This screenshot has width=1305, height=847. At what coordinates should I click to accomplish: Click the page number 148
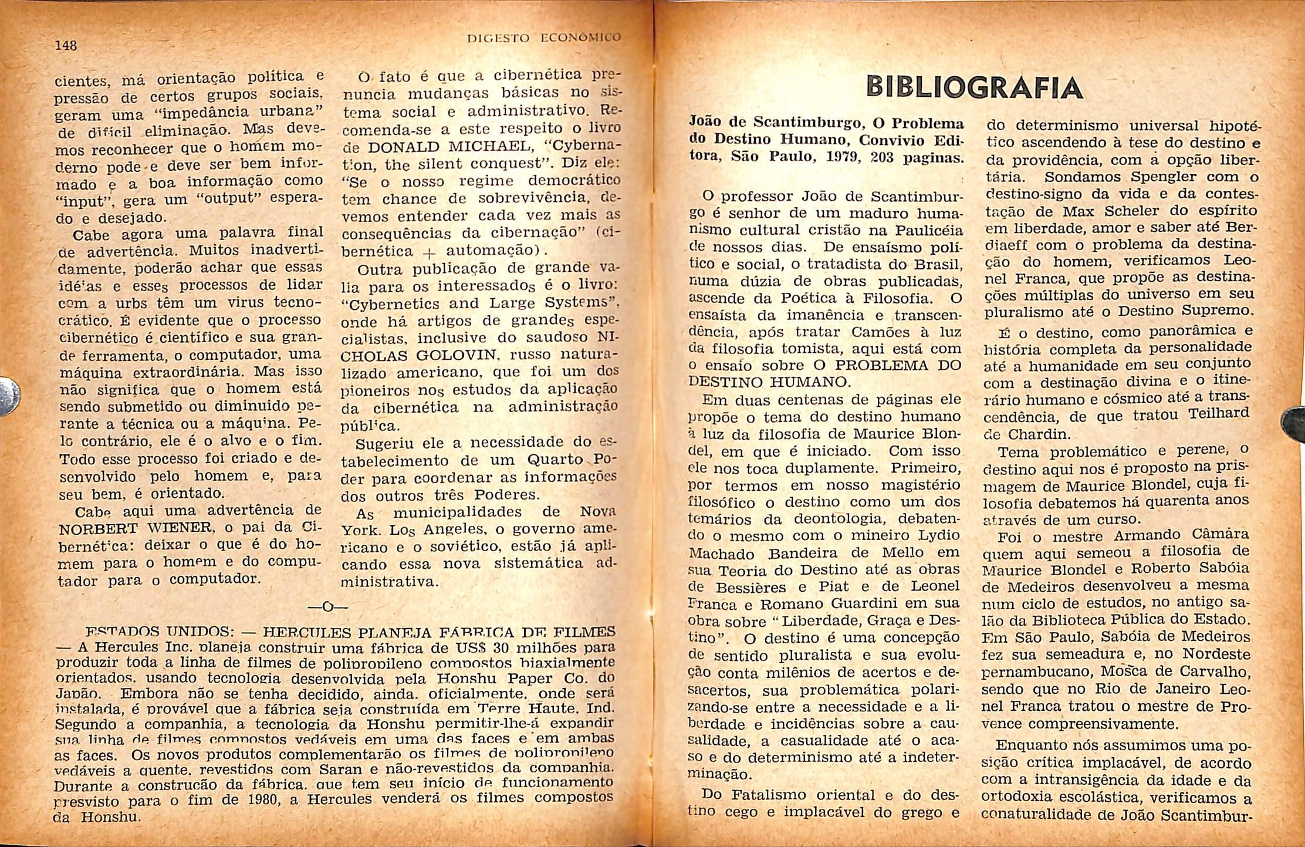coord(66,45)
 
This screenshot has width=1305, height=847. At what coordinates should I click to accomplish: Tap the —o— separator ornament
coord(327,606)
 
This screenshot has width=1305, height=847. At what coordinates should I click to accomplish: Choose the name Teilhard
coord(1218,414)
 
